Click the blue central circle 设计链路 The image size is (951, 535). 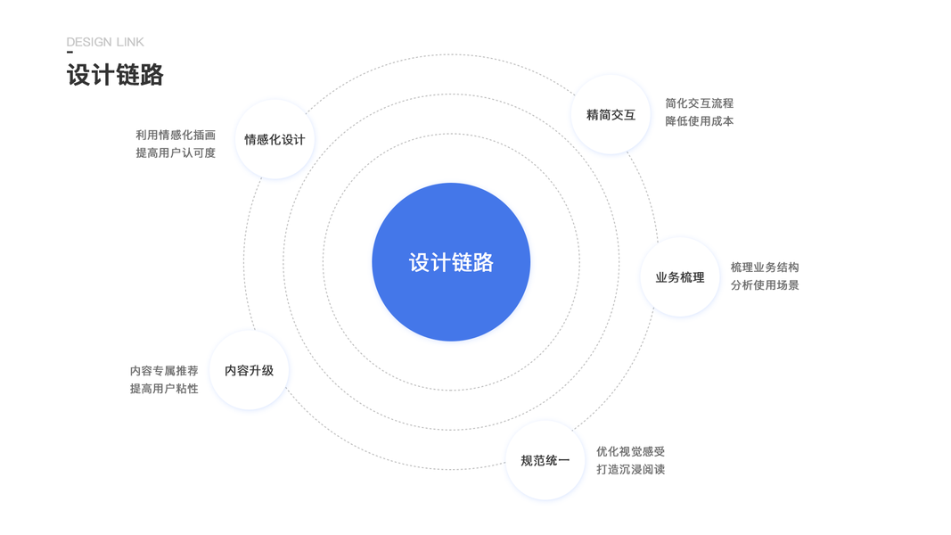pyautogui.click(x=451, y=262)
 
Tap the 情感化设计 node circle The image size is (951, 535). pyautogui.click(x=275, y=140)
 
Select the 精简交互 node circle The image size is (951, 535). pyautogui.click(x=611, y=115)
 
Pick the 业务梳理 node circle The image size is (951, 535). pyautogui.click(x=680, y=277)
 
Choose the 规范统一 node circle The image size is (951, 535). pyautogui.click(x=545, y=461)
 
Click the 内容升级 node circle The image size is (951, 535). pyautogui.click(x=250, y=370)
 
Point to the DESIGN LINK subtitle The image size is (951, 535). pyautogui.click(x=105, y=42)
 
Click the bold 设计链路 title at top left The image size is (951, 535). pyautogui.click(x=115, y=75)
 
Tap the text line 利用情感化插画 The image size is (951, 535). pyautogui.click(x=176, y=136)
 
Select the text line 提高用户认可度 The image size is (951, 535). pyautogui.click(x=176, y=153)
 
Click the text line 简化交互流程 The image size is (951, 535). pyautogui.click(x=700, y=103)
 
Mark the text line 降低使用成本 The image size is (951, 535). pyautogui.click(x=700, y=121)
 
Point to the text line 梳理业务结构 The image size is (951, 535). pyautogui.click(x=765, y=267)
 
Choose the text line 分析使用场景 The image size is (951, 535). pyautogui.click(x=765, y=285)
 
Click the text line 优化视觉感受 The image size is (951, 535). pyautogui.click(x=631, y=452)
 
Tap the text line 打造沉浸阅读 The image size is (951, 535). pyautogui.click(x=631, y=470)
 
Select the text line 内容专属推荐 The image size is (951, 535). pyautogui.click(x=164, y=371)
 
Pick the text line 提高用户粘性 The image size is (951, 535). pyautogui.click(x=164, y=389)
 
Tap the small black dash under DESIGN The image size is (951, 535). pyautogui.click(x=70, y=52)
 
